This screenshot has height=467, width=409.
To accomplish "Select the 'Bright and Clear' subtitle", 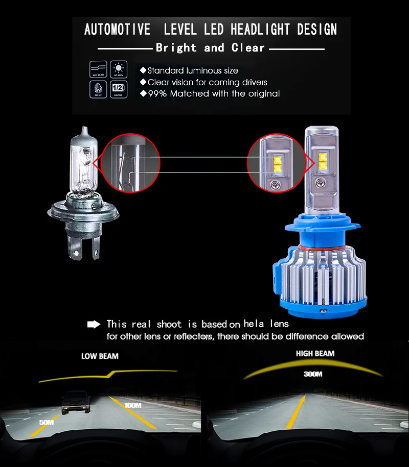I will tap(210, 48).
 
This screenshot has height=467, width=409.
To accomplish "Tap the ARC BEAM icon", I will tap(98, 69).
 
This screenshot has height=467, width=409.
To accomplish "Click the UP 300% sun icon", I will tap(119, 69).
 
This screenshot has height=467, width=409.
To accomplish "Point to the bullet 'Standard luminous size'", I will tap(189, 70).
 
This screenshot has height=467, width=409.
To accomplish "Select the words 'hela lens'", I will tap(266, 324).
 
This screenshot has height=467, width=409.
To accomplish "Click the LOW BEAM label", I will tap(100, 356).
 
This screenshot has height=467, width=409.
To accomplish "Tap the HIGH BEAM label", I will tap(315, 354).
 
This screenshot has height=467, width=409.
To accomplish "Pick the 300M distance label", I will tap(312, 374).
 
